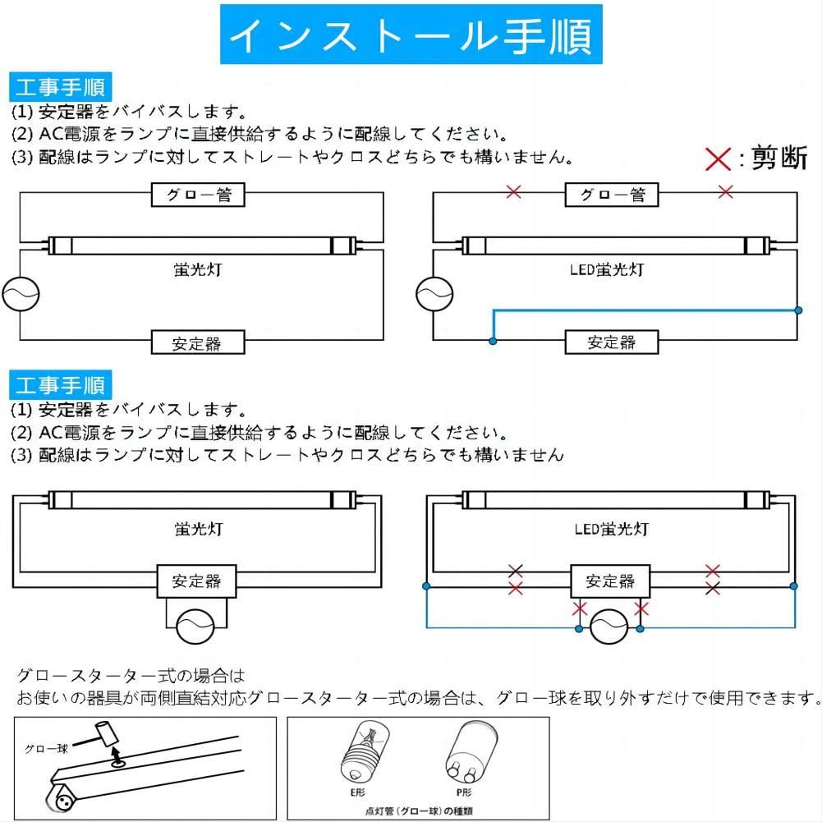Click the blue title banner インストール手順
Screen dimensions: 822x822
[411, 34]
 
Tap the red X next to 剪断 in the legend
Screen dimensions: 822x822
[718, 158]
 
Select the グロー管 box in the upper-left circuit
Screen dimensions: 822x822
[199, 195]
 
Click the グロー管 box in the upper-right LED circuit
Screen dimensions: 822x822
[613, 195]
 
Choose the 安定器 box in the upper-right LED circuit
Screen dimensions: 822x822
[612, 342]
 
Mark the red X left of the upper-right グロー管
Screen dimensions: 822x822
[514, 192]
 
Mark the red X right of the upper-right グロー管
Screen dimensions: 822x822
[725, 192]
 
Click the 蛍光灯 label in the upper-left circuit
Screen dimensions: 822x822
[198, 270]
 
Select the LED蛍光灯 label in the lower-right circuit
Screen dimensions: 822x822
[611, 529]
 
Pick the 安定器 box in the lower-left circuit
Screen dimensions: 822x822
[197, 581]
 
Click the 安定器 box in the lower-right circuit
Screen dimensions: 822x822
[610, 581]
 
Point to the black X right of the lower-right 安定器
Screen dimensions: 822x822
[713, 588]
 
